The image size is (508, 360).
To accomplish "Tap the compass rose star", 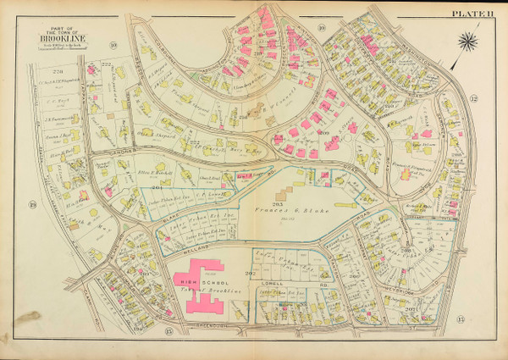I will point(467,40).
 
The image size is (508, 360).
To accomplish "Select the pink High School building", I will point(200,292).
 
